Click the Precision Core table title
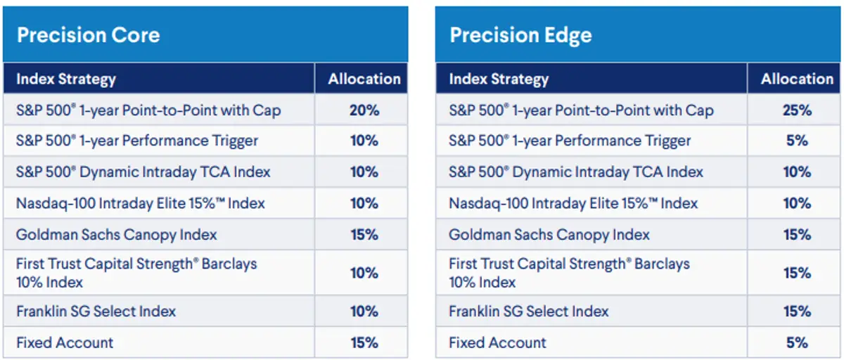pos(88,35)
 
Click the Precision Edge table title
pos(520,35)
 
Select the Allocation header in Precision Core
pos(364,79)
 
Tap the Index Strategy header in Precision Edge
pos(499,79)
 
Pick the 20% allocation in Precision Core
pos(364,110)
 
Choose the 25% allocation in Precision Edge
pos(796,110)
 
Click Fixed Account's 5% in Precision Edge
pos(796,343)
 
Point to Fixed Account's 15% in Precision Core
pos(364,343)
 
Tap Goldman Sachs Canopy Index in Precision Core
pos(116,235)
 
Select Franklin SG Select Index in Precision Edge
pos(529,311)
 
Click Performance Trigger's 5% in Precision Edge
pos(796,141)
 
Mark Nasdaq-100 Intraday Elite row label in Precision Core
pos(141,204)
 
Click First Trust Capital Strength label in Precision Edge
pos(569,273)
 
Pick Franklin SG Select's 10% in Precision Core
pos(364,311)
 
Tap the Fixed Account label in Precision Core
pos(65,343)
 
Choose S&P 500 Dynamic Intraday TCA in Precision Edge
pos(576,172)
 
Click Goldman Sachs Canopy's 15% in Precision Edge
pos(796,235)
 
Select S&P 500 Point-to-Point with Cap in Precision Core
pos(148,110)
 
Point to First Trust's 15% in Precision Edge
pos(796,273)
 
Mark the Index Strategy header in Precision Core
pos(66,79)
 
